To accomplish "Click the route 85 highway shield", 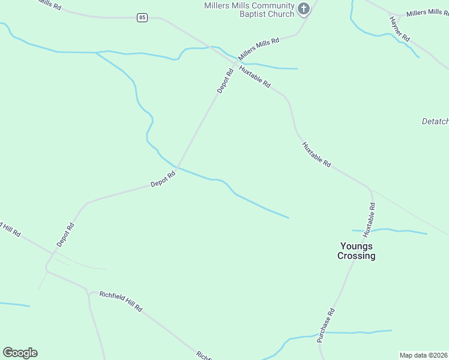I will [142, 17].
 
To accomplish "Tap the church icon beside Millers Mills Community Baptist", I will [304, 8].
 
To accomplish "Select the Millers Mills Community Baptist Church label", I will [249, 10].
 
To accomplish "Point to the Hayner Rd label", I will [399, 28].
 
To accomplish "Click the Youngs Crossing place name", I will [356, 251].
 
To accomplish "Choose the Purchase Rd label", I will [327, 325].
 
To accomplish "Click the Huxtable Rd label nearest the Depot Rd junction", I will [255, 76].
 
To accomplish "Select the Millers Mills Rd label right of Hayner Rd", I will [427, 12].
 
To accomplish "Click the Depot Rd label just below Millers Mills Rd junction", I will [225, 81].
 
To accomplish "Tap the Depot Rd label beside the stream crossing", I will [163, 179].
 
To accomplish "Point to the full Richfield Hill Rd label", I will [121, 301].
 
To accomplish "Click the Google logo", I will [20, 353].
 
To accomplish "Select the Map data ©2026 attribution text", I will [424, 355].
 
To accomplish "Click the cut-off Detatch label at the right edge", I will [435, 121].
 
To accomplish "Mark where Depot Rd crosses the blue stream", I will [177, 167].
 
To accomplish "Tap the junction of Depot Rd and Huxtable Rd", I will [234, 62].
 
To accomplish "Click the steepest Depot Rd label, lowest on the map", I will [65, 235].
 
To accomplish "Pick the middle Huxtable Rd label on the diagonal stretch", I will [316, 154].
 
